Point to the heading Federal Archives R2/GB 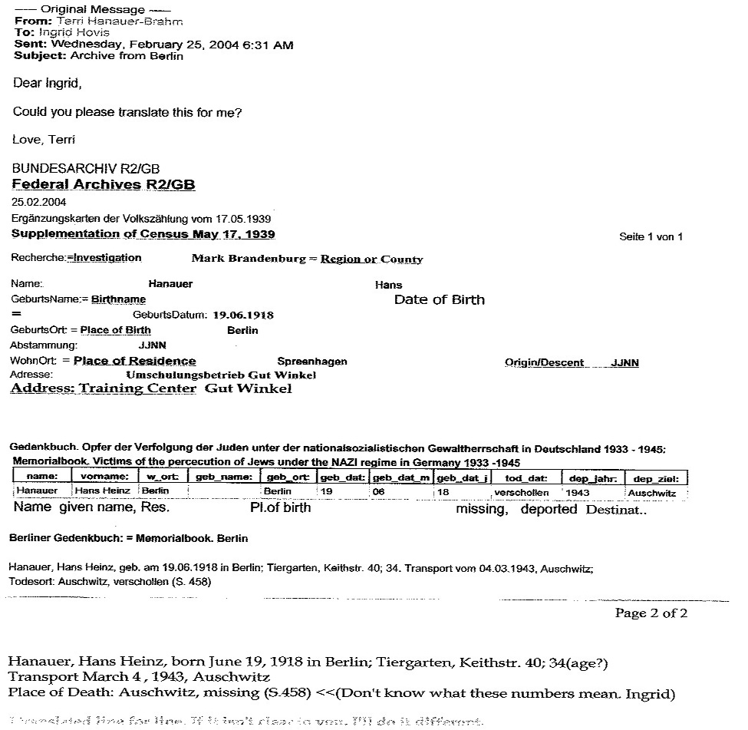point(104,185)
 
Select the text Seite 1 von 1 point(651,236)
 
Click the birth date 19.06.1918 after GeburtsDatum point(243,315)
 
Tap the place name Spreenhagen point(312,361)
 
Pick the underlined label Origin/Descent point(544,362)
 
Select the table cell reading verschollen point(522,492)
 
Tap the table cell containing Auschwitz point(651,493)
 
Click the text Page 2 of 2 point(651,613)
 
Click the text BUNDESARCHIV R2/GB point(86,169)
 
